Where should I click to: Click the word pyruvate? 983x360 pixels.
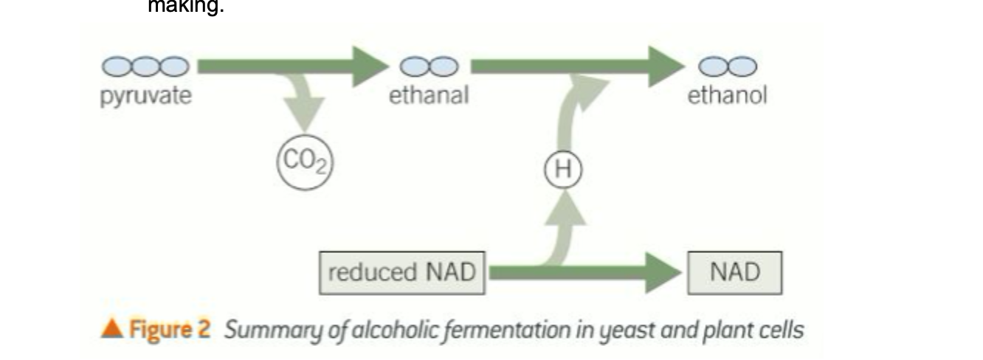tap(145, 97)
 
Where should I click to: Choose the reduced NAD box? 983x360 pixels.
tap(402, 273)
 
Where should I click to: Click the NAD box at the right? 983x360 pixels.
tap(734, 273)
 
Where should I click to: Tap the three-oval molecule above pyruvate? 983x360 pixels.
tap(145, 67)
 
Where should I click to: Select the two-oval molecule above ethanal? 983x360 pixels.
tap(429, 67)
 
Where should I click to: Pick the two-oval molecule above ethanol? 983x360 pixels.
tap(728, 67)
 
